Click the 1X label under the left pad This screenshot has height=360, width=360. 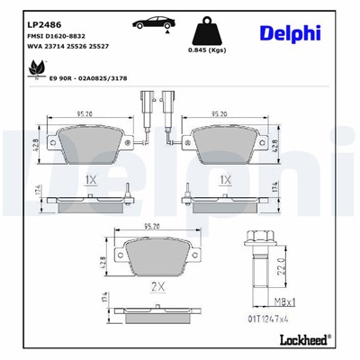pyautogui.click(x=90, y=180)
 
